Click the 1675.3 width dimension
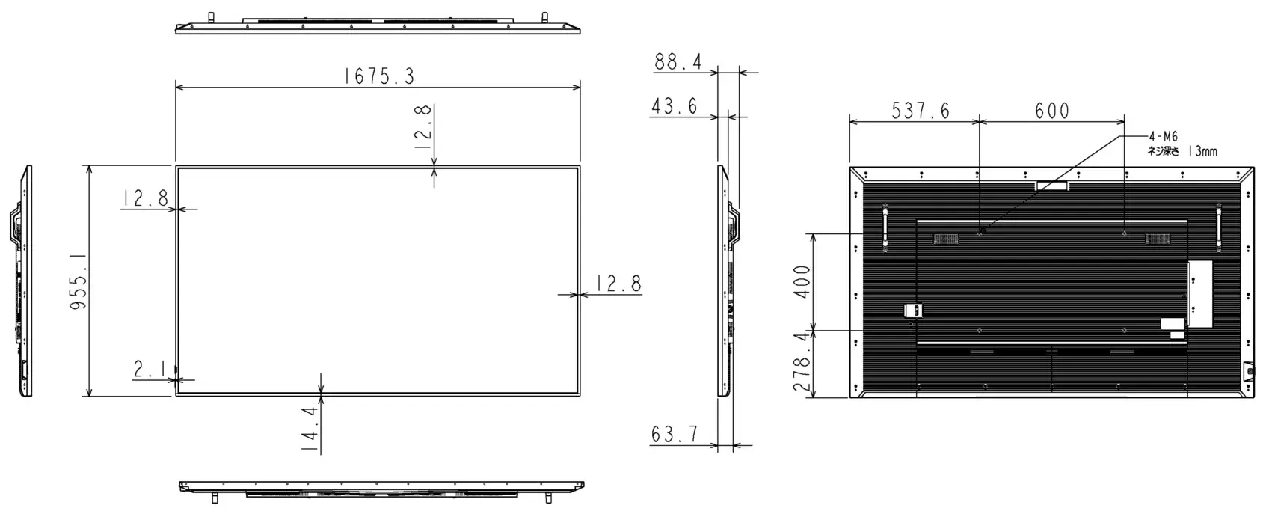378,76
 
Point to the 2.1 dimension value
149,368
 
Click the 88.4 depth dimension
677,61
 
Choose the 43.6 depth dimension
674,106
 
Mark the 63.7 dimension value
675,434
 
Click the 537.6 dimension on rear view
921,111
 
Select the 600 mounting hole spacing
1052,111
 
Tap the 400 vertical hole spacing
802,281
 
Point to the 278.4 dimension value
802,364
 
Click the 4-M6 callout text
1163,137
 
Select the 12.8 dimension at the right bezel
618,284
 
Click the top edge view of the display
378,25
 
